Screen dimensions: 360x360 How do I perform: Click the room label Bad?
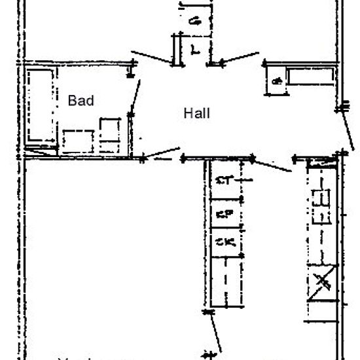pos(81,101)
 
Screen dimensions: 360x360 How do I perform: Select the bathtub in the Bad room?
pos(41,105)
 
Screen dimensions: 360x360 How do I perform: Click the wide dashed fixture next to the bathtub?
pos(78,141)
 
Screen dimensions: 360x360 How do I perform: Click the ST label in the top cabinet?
pos(225,180)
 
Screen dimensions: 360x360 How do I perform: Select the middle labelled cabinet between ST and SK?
pos(225,214)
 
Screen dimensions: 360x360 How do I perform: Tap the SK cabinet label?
pos(225,243)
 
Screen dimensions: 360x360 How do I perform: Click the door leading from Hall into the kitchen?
pos(272,165)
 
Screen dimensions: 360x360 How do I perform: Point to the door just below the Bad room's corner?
pos(161,156)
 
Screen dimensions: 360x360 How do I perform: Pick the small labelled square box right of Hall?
pos(277,81)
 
